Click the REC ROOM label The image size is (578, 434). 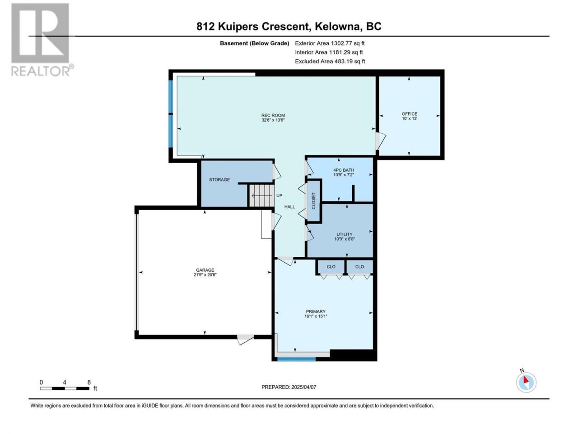[273, 115]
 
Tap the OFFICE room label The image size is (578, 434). [410, 114]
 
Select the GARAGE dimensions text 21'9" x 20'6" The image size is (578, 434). [205, 274]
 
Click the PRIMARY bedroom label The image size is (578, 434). [316, 311]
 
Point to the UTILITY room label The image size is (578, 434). [345, 234]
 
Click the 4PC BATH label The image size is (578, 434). [344, 170]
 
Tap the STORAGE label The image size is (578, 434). [219, 180]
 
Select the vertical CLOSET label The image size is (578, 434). [313, 201]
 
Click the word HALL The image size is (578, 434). [289, 207]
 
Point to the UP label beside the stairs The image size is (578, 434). [279, 195]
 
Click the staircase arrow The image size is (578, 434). [261, 196]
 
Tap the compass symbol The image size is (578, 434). [526, 382]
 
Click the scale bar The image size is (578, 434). [65, 388]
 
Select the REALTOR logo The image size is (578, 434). [42, 40]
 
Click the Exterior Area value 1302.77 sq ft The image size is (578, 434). [348, 43]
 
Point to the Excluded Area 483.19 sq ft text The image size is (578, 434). [330, 61]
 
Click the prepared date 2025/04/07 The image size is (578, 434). [303, 387]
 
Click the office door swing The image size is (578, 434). [381, 141]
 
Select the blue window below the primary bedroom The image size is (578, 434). [297, 359]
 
